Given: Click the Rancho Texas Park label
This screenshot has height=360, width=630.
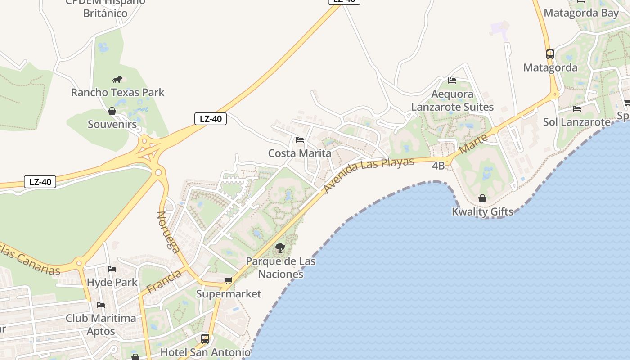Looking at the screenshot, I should pos(118,92).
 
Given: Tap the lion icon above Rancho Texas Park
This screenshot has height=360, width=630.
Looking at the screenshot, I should pos(118,80).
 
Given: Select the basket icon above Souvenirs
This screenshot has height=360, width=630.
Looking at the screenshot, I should pos(112,111).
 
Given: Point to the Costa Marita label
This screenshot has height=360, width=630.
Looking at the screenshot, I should pos(300,153).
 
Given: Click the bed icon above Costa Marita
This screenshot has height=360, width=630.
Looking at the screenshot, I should pos(300,140).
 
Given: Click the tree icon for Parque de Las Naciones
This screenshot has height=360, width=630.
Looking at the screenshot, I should pos(280,247).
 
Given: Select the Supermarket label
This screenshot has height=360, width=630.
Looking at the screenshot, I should pos(229,294).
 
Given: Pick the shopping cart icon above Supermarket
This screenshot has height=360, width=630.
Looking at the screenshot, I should pos(229,281).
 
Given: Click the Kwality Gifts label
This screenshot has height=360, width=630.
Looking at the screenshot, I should pos(482,211).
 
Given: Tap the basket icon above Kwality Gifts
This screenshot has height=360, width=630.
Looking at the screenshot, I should pos(482,198).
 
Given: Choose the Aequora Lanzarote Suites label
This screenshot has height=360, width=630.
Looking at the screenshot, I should pos(452,100).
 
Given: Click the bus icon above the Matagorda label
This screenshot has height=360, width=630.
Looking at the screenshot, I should pos(550,54).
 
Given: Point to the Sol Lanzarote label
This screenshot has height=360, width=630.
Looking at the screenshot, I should pos(577,122).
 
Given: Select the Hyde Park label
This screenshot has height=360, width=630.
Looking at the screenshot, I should pos(112,283).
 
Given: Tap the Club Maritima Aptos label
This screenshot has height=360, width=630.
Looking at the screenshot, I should pos(101,324).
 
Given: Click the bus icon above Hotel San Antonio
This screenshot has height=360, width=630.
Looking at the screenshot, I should pos(205,339).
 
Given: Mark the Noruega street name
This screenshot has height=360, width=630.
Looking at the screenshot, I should pos(169,232).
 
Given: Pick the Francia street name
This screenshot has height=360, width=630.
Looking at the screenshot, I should pos(164,281).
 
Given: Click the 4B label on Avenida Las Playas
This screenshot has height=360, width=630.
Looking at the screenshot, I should pos(438,166).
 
